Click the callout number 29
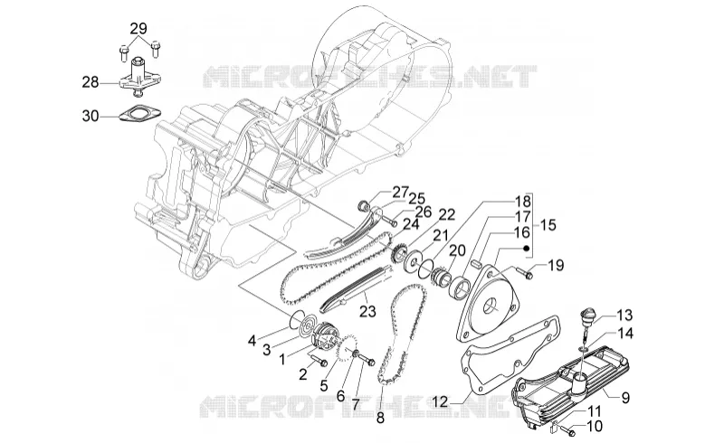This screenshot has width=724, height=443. click(138, 29)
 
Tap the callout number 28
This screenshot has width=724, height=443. click(90, 83)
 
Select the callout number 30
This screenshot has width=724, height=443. click(90, 116)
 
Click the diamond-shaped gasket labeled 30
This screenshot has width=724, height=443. click(138, 114)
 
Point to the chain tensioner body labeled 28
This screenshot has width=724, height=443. click(137, 78)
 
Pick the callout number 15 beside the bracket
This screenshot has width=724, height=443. click(548, 225)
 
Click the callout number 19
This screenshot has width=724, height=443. click(556, 265)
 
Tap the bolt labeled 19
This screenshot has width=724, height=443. click(525, 273)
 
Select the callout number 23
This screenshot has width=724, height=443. click(368, 311)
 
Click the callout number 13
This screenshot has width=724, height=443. click(624, 316)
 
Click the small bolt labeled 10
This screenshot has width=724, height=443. click(569, 432)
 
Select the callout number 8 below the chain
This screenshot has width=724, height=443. click(380, 419)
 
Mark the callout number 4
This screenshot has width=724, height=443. click(252, 341)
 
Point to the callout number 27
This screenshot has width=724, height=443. click(401, 192)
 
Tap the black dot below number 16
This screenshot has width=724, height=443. click(526, 248)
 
